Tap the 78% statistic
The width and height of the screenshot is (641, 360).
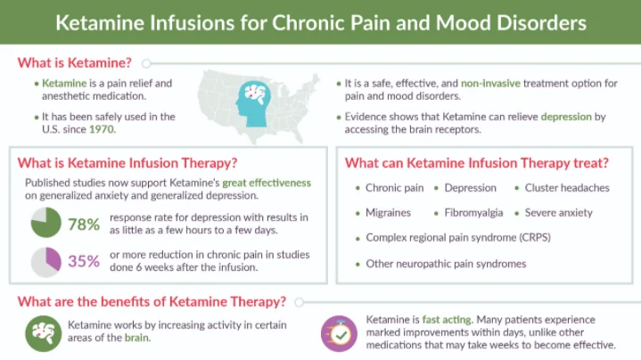click(82, 225)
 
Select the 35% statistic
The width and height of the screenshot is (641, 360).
click(82, 261)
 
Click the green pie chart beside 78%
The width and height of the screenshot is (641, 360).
click(45, 225)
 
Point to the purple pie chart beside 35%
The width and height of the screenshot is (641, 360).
click(45, 261)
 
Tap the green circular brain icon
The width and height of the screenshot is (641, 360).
click(42, 331)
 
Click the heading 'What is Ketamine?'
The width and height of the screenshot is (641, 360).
click(76, 63)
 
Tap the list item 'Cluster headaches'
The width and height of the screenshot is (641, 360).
click(567, 188)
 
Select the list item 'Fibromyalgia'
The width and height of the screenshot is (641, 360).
click(473, 213)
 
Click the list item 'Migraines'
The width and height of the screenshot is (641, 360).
click(388, 213)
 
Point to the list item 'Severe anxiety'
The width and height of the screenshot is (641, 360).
click(559, 213)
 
